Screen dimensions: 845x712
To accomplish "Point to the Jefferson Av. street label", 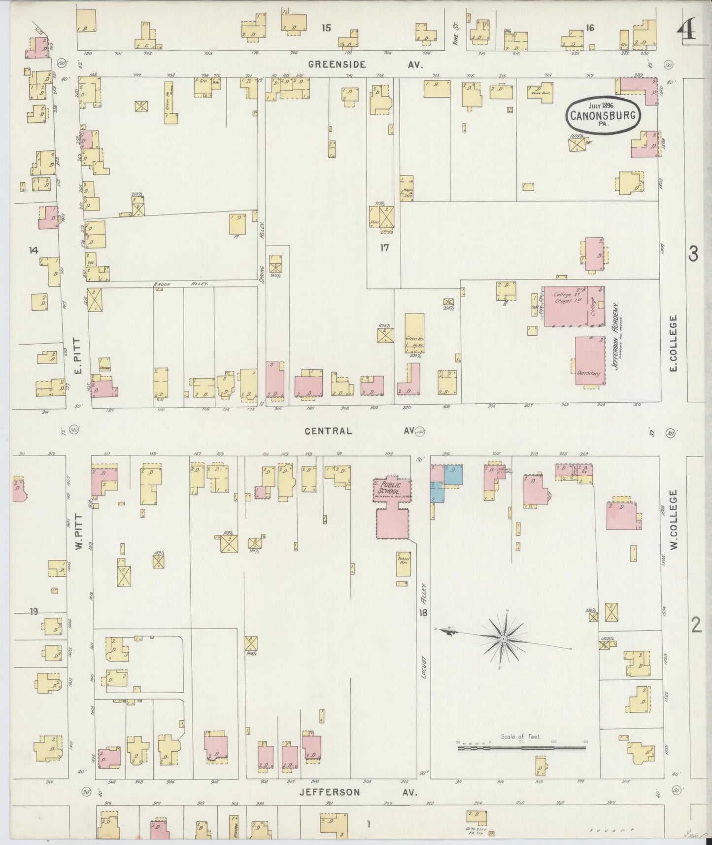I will pyautogui.click(x=358, y=792).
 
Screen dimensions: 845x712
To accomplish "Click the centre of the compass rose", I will pyautogui.click(x=504, y=639).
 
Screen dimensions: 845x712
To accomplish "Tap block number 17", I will pyautogui.click(x=384, y=248).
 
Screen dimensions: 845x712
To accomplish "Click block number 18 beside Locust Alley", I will pyautogui.click(x=423, y=613).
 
